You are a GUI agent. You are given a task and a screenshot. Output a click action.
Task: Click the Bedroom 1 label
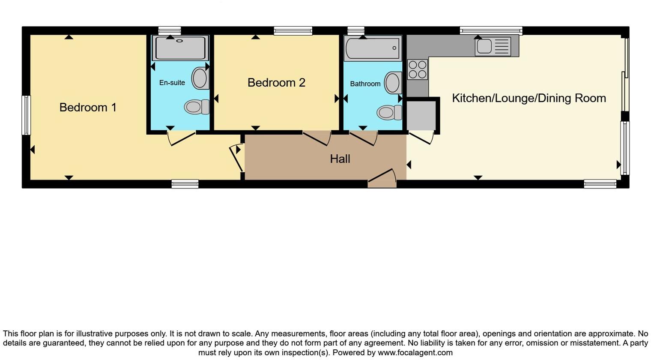point(88,107)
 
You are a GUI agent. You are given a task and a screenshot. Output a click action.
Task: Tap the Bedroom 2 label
point(276,82)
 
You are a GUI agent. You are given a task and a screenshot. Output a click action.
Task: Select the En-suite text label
point(172,83)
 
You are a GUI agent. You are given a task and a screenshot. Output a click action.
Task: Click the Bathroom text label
point(365,84)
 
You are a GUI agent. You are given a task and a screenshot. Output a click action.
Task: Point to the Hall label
point(340,159)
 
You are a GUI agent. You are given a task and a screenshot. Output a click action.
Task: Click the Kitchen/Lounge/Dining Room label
point(529,98)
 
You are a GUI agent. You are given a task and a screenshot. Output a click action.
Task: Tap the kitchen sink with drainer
point(493,46)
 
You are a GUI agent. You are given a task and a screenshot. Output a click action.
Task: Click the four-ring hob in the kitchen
point(417,69)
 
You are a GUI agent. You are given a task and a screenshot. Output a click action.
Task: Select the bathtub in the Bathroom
point(373,48)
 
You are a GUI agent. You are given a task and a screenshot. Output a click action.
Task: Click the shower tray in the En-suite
point(180,48)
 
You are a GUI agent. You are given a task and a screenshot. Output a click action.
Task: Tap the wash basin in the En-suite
point(200,78)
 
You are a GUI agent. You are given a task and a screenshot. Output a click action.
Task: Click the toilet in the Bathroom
point(389,113)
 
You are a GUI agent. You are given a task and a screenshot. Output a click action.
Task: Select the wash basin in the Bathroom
point(393,83)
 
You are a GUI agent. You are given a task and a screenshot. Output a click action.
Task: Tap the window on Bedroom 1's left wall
point(26,115)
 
